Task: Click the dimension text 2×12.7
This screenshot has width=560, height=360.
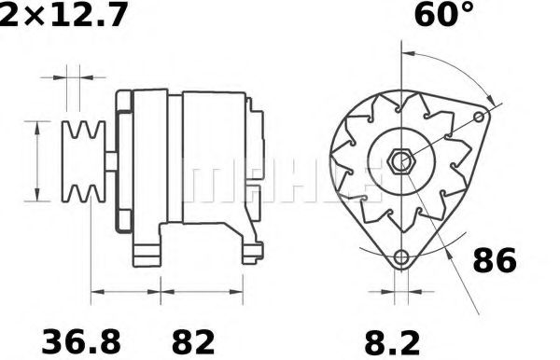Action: (x=63, y=16)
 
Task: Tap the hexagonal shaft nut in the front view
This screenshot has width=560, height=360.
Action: (x=401, y=161)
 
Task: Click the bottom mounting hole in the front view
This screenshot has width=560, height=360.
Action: (x=401, y=256)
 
